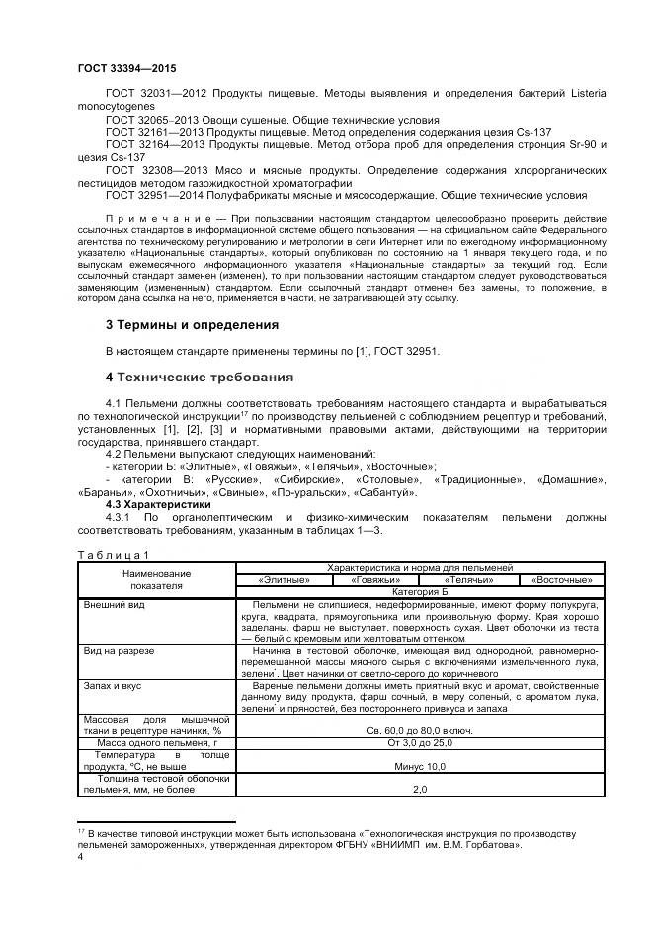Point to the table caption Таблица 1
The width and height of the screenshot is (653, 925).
coord(114,554)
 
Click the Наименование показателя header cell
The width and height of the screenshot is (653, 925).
coord(157,579)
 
